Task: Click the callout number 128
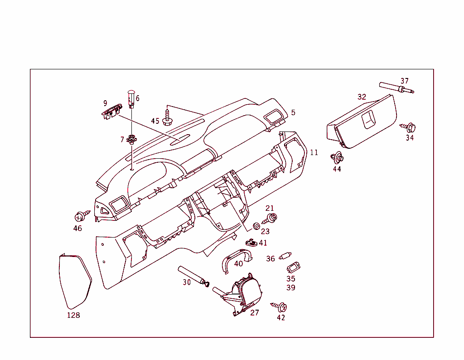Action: click(73, 315)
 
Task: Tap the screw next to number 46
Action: click(82, 215)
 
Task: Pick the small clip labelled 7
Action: click(132, 138)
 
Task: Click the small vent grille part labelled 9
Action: click(111, 112)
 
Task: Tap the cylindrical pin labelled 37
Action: click(396, 88)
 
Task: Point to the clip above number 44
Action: click(337, 158)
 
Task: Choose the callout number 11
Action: click(314, 153)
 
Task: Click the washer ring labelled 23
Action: click(256, 225)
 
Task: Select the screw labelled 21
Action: click(271, 219)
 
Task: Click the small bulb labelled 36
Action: click(285, 256)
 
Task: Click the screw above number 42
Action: click(280, 306)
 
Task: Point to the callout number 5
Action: click(293, 112)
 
